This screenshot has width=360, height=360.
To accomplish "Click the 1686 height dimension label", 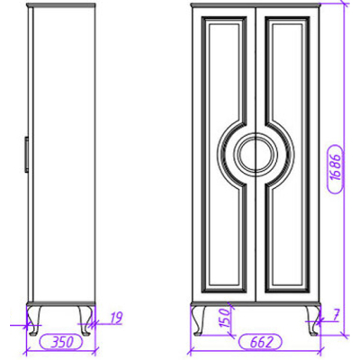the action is tap(335, 168).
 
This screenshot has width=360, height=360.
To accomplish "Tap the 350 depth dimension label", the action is tap(61, 342).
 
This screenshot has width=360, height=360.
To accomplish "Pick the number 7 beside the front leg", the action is tap(335, 315).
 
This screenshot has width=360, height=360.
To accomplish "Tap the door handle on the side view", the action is tap(26, 155).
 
